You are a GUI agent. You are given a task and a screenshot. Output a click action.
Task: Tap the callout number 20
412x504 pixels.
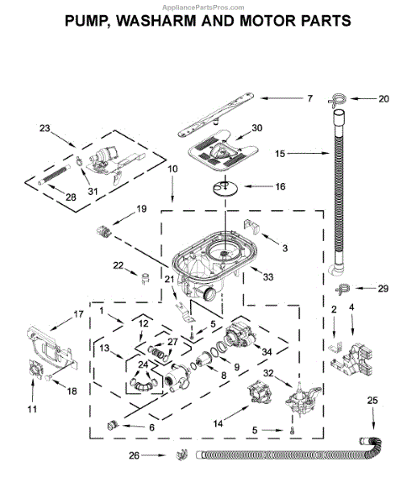point(383,99)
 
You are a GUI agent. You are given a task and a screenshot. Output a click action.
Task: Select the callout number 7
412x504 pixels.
point(309,99)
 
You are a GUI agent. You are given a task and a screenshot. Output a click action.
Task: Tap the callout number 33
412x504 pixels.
point(269,276)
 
